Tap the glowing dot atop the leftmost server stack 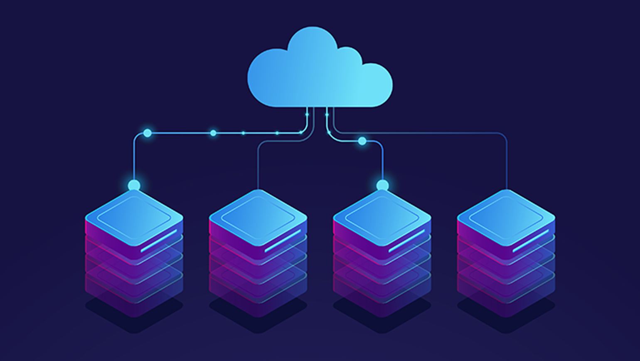(x=134, y=185)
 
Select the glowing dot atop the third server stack (x=382, y=185)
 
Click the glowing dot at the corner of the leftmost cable (x=147, y=133)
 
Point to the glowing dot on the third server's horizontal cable (x=362, y=141)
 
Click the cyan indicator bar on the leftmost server (x=159, y=241)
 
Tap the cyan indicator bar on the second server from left (x=283, y=241)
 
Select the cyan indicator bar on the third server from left (x=406, y=241)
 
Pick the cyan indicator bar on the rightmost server (x=530, y=241)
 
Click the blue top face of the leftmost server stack (x=134, y=216)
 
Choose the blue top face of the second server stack (x=258, y=216)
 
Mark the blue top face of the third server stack (x=382, y=216)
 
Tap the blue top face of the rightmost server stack (x=506, y=216)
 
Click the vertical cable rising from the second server (x=258, y=166)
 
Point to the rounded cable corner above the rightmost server (x=504, y=135)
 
